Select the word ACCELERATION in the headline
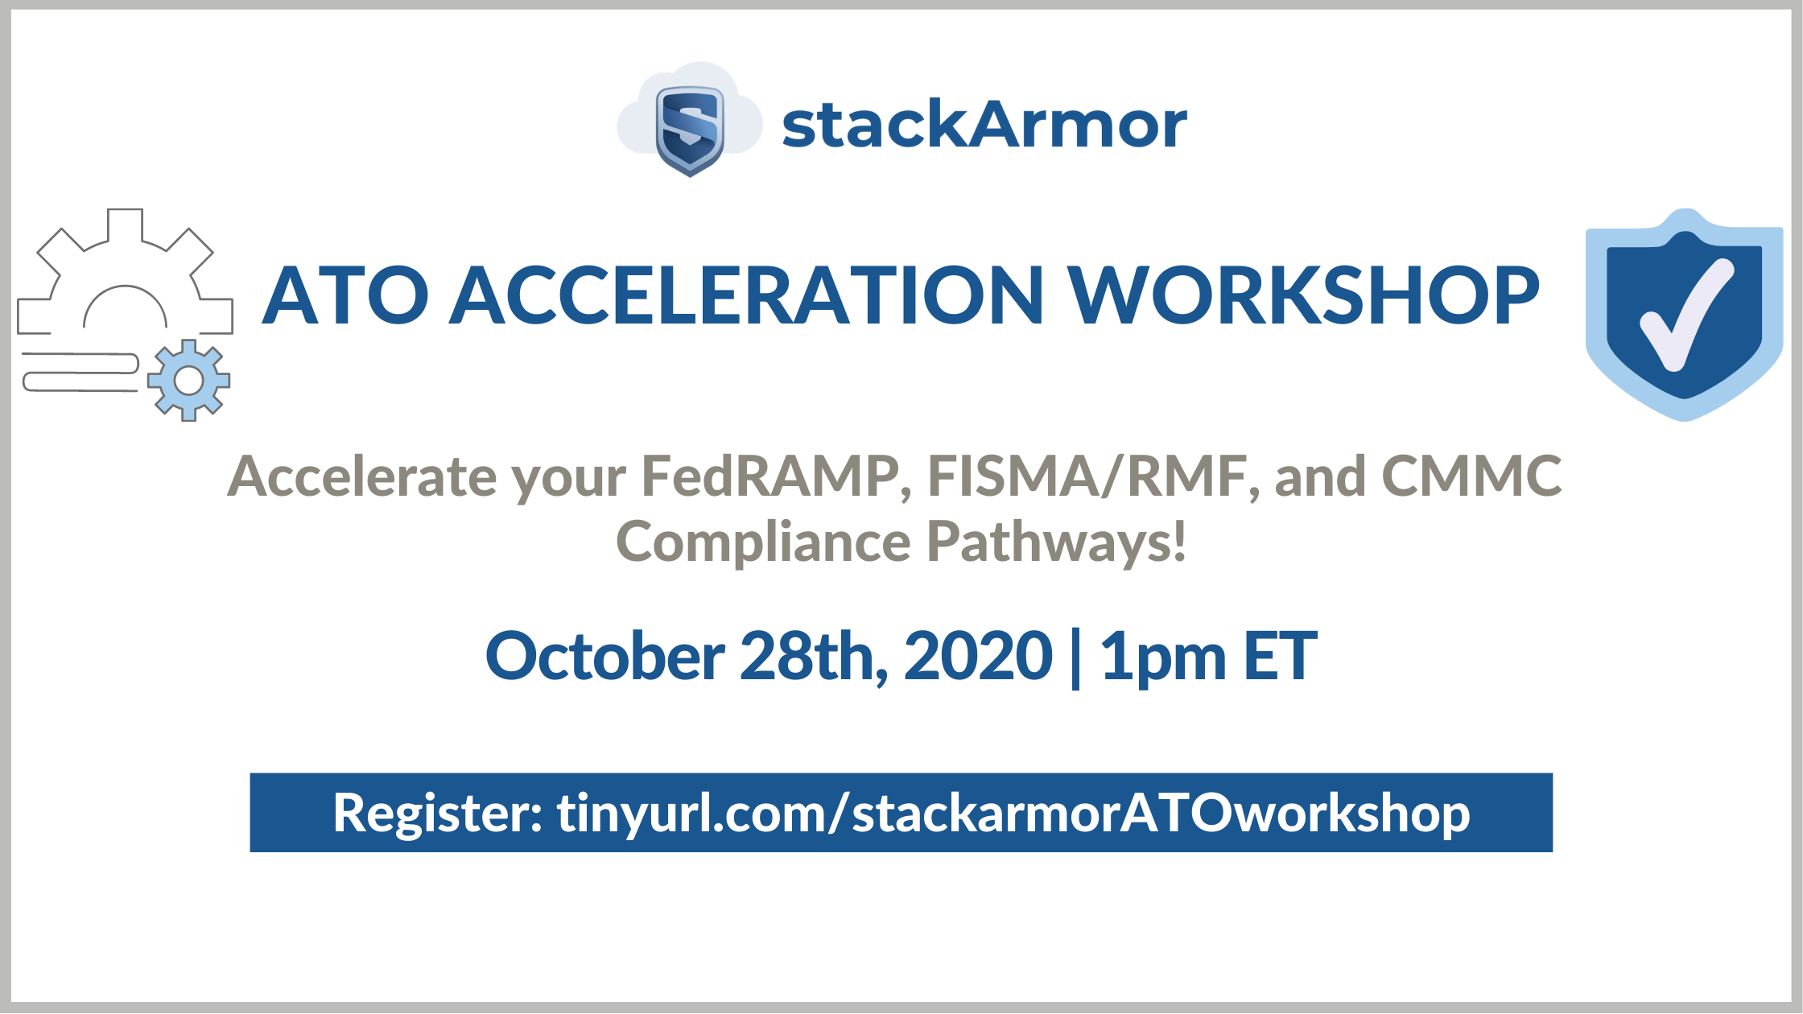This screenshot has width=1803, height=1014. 746,295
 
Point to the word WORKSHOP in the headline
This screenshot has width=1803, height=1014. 1305,295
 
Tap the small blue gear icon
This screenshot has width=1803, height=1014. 189,381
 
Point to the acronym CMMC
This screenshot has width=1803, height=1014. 1471,476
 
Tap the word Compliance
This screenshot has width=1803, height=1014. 763,542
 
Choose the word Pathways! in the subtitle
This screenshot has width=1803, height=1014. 1057,542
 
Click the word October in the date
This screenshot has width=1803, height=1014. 605,656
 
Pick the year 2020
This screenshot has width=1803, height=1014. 978,656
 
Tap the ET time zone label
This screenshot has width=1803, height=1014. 1281,656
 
